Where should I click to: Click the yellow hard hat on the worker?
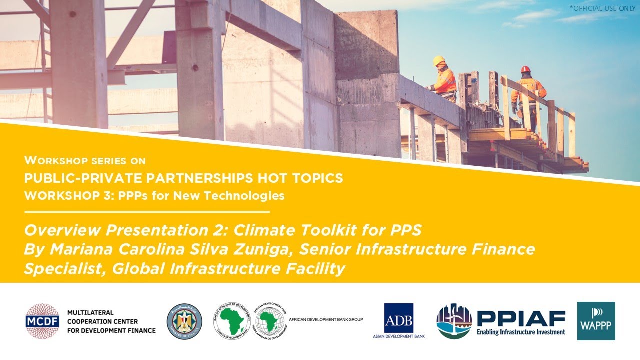coord(439,61)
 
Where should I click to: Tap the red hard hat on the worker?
coord(525,69)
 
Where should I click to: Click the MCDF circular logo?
coord(42,321)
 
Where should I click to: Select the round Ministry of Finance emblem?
coord(184,321)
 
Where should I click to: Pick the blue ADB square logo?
coord(398,318)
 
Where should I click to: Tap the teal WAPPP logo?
coord(596,321)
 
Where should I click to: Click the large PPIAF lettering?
coord(521,318)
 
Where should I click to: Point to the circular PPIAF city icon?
coord(454,321)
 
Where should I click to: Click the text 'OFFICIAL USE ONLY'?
coord(603,8)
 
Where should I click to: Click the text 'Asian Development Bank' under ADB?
coord(398,336)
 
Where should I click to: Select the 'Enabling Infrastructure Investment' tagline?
coord(520,332)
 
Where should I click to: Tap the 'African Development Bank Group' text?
coord(325,319)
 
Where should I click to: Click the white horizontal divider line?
coord(147,212)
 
